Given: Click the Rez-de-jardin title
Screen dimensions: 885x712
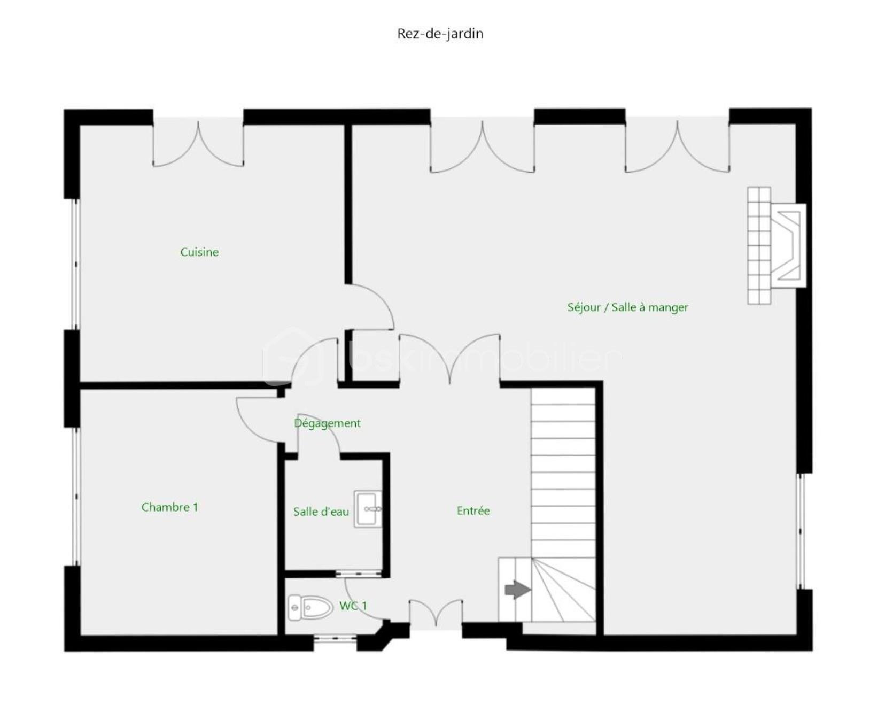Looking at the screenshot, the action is coord(440,34).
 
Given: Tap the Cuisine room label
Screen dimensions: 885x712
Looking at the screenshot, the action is coord(199,252).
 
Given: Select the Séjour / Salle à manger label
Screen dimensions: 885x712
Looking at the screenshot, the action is coord(627,307).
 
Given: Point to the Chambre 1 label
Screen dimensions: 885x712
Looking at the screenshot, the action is coord(169,507).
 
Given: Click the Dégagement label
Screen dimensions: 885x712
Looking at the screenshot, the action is coord(328,423).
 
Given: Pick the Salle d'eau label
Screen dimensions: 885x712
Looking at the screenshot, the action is coord(321,512).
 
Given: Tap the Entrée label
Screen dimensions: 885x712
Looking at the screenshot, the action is coord(473,510).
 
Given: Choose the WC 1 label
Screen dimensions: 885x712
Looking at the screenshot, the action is coord(353,606).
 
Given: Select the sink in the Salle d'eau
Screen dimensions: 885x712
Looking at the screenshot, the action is coord(368,509).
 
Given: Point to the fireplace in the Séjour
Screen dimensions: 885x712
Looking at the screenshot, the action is coord(777,245).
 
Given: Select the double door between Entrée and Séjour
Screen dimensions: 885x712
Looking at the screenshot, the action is coord(449,358).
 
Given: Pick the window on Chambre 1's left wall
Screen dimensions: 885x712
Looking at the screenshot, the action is coord(76,496).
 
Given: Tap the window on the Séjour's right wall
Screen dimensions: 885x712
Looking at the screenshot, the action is coord(801,531).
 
